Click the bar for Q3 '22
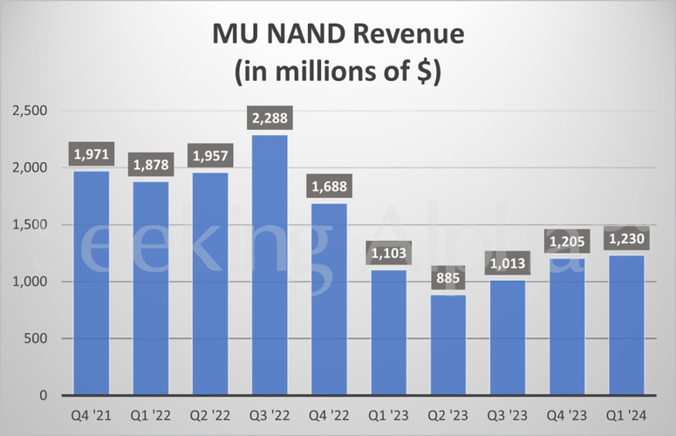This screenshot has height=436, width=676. click(x=270, y=265)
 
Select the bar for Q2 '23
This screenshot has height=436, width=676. click(x=447, y=344)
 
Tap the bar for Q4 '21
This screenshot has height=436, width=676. click(x=91, y=283)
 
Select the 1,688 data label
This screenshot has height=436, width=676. click(x=329, y=187)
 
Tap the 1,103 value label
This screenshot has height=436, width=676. click(x=388, y=254)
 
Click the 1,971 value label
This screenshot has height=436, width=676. click(x=91, y=154)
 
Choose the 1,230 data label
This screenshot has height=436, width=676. click(x=626, y=239)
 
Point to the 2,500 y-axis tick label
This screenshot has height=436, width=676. click(x=30, y=111)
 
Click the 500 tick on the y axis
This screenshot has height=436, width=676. click(x=36, y=338)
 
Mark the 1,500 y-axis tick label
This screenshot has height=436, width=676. click(x=30, y=225)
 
